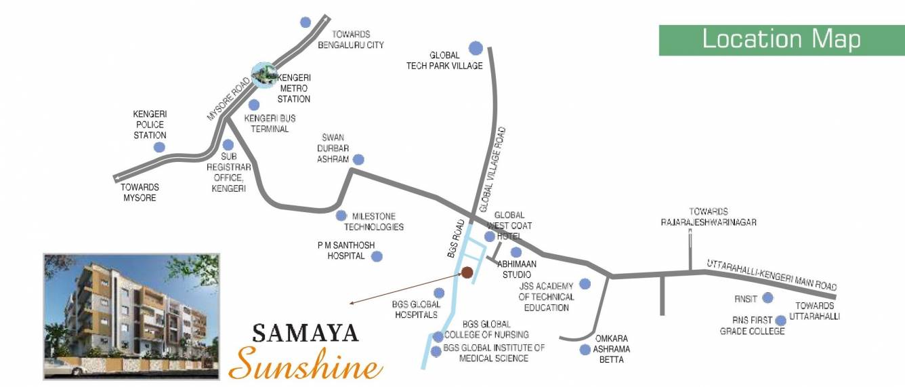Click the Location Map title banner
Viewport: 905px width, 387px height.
point(781,40)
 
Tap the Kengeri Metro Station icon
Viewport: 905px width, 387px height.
point(264,75)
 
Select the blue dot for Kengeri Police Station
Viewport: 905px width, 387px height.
point(159,147)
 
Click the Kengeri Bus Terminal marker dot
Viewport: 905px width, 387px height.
point(254,105)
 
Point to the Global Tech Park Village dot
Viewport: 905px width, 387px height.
point(476,48)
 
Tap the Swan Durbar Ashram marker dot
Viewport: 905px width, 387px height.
point(358,160)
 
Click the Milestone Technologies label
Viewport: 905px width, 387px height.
point(374,222)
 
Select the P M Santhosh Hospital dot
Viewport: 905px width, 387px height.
point(377,256)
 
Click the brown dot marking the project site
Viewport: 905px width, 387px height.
point(467,272)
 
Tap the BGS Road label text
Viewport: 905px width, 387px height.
point(456,239)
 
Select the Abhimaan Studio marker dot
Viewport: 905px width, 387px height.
point(515,252)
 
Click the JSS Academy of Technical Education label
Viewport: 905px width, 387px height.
point(546,297)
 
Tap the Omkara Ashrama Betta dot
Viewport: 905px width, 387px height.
point(585,350)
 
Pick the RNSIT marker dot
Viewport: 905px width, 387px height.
point(767,298)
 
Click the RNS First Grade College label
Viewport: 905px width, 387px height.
point(753,326)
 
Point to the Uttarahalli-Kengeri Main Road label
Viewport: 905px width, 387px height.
point(772,275)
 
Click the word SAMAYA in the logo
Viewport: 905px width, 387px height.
point(306,333)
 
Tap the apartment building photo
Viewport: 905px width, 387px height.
point(131,316)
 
